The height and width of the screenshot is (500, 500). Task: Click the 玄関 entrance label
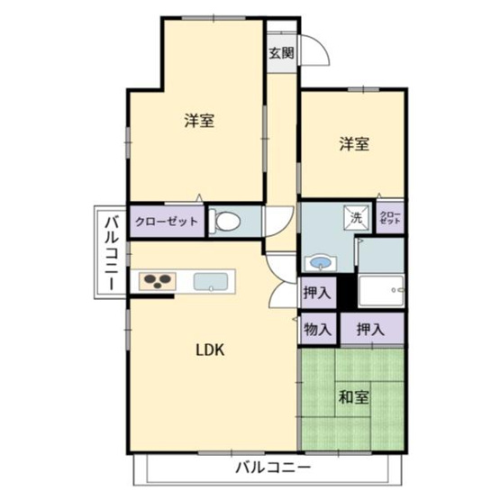click(x=281, y=52)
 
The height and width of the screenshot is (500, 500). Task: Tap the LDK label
click(x=211, y=350)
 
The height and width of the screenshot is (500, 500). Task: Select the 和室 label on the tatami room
click(x=353, y=396)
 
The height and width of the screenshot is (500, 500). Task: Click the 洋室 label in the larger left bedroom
click(x=199, y=120)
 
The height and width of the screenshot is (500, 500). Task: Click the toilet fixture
click(x=226, y=222)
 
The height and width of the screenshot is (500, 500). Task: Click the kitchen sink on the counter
click(x=213, y=281)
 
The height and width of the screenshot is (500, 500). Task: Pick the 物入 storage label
click(x=317, y=329)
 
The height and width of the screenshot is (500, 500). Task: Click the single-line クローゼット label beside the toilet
click(x=166, y=221)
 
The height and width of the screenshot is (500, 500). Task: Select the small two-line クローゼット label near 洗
click(x=390, y=217)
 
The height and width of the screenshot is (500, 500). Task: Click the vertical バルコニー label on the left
click(x=109, y=253)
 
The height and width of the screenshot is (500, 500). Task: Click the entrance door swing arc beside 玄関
click(x=313, y=50)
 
